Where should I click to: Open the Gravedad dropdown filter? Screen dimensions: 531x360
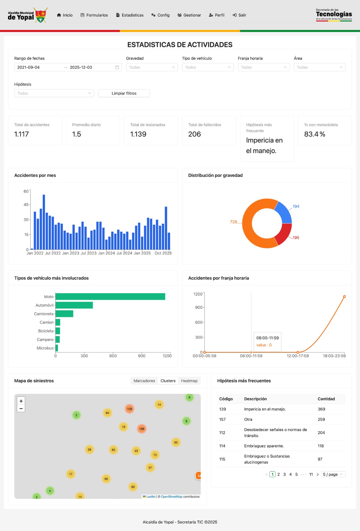152,67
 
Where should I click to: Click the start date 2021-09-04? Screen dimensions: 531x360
29,67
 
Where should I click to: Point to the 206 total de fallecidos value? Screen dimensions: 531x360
195,134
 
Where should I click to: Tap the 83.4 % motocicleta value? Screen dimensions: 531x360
315,134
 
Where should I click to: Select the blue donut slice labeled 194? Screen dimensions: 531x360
283,212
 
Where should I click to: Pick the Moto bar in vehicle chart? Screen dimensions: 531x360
110,297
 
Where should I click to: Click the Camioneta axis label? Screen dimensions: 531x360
44,314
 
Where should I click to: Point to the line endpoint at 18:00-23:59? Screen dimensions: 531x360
344,296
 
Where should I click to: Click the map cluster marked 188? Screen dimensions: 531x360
142,429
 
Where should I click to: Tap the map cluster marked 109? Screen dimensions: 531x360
130,409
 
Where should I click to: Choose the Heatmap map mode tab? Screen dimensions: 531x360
189,381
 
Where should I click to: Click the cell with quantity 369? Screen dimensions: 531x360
321,409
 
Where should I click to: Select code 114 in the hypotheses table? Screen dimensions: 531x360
222,446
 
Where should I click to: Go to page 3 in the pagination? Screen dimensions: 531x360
284,474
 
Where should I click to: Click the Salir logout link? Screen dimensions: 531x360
239,15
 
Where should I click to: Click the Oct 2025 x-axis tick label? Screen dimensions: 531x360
163,253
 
